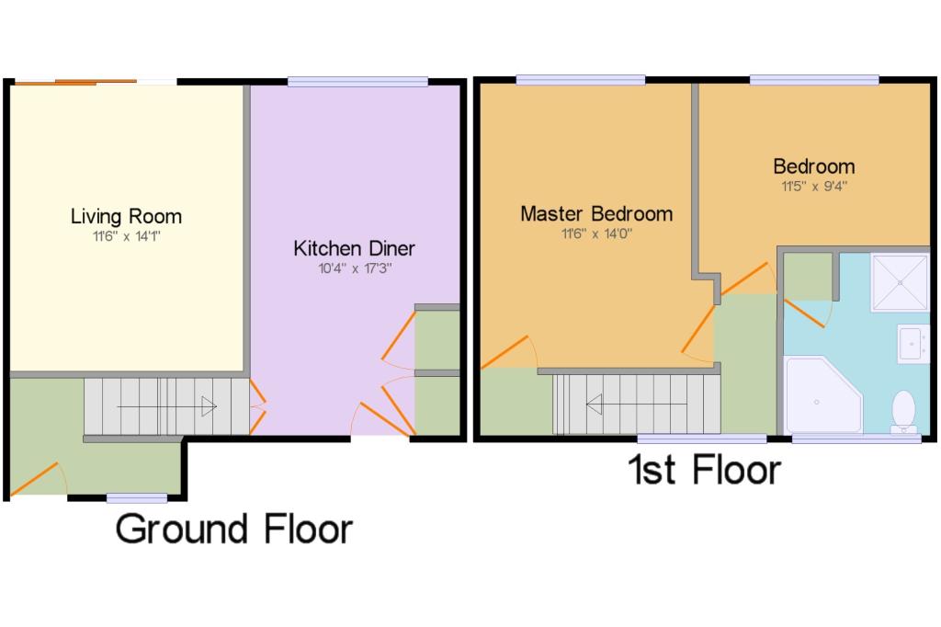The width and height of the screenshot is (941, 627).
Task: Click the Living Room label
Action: (126, 216)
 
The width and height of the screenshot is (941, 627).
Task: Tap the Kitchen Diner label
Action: (354, 248)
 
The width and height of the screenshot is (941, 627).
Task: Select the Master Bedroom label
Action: (596, 214)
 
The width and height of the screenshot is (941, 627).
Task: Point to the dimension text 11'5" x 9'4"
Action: (814, 187)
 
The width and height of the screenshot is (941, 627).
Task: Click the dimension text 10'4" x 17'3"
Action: (355, 268)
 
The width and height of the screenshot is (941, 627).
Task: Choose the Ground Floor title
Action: (234, 530)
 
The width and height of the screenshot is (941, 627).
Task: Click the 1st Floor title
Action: (704, 469)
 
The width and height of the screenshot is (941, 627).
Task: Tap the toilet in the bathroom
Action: (903, 411)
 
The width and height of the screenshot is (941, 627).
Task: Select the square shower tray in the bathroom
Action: (900, 282)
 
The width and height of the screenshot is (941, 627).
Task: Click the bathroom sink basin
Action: (913, 344)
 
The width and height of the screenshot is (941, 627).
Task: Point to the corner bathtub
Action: (822, 395)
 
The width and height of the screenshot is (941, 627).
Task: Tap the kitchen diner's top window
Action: (357, 82)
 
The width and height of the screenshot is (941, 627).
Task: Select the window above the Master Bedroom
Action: (581, 80)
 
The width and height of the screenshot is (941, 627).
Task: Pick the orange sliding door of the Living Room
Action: (75, 82)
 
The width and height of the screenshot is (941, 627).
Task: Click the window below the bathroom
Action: (856, 439)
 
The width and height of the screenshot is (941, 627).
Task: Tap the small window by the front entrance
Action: (137, 498)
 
